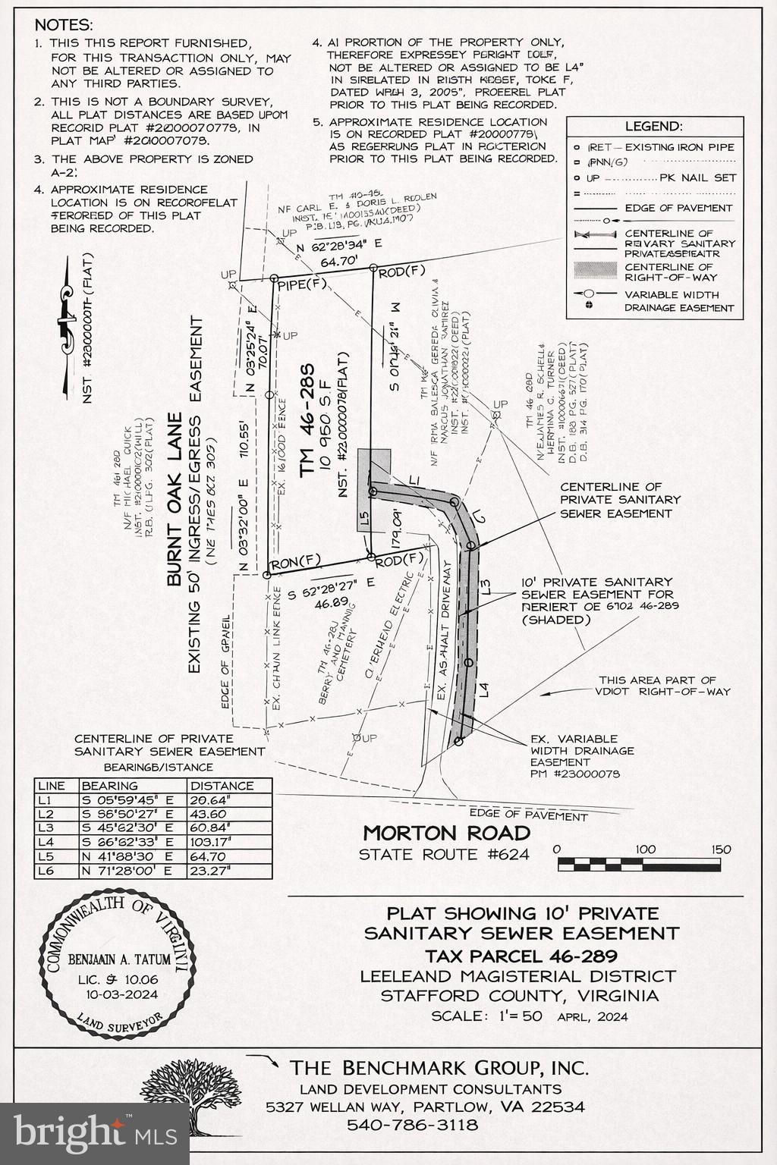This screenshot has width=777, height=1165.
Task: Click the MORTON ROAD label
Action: [446, 833]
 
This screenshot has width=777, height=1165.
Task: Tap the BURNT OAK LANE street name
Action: [175, 500]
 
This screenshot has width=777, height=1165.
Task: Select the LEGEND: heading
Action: [653, 127]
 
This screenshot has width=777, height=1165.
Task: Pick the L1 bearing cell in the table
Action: [127, 799]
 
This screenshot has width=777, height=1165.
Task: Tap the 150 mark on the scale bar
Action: [721, 849]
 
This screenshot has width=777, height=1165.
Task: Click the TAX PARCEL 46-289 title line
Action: [521, 956]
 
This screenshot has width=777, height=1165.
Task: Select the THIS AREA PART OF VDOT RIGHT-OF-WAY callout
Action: [657, 686]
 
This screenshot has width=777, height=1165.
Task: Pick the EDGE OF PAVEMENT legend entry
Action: [678, 208]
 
